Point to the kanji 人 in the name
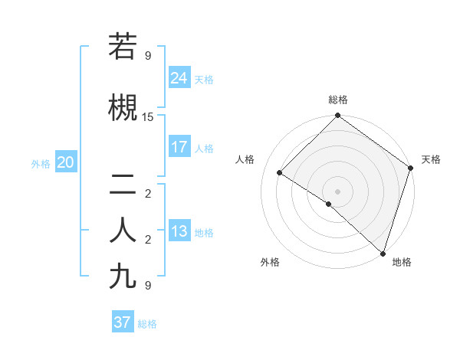click(123, 231)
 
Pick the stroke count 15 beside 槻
click(148, 116)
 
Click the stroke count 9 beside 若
click(148, 55)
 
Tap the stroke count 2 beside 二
click(148, 194)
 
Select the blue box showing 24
click(179, 77)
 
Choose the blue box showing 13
click(179, 231)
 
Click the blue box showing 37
click(123, 322)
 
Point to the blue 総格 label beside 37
click(147, 324)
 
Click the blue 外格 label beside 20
click(41, 163)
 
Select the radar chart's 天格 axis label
click(431, 159)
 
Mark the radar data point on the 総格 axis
click(337, 116)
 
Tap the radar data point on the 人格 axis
click(280, 172)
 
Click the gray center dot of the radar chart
click(337, 191)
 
